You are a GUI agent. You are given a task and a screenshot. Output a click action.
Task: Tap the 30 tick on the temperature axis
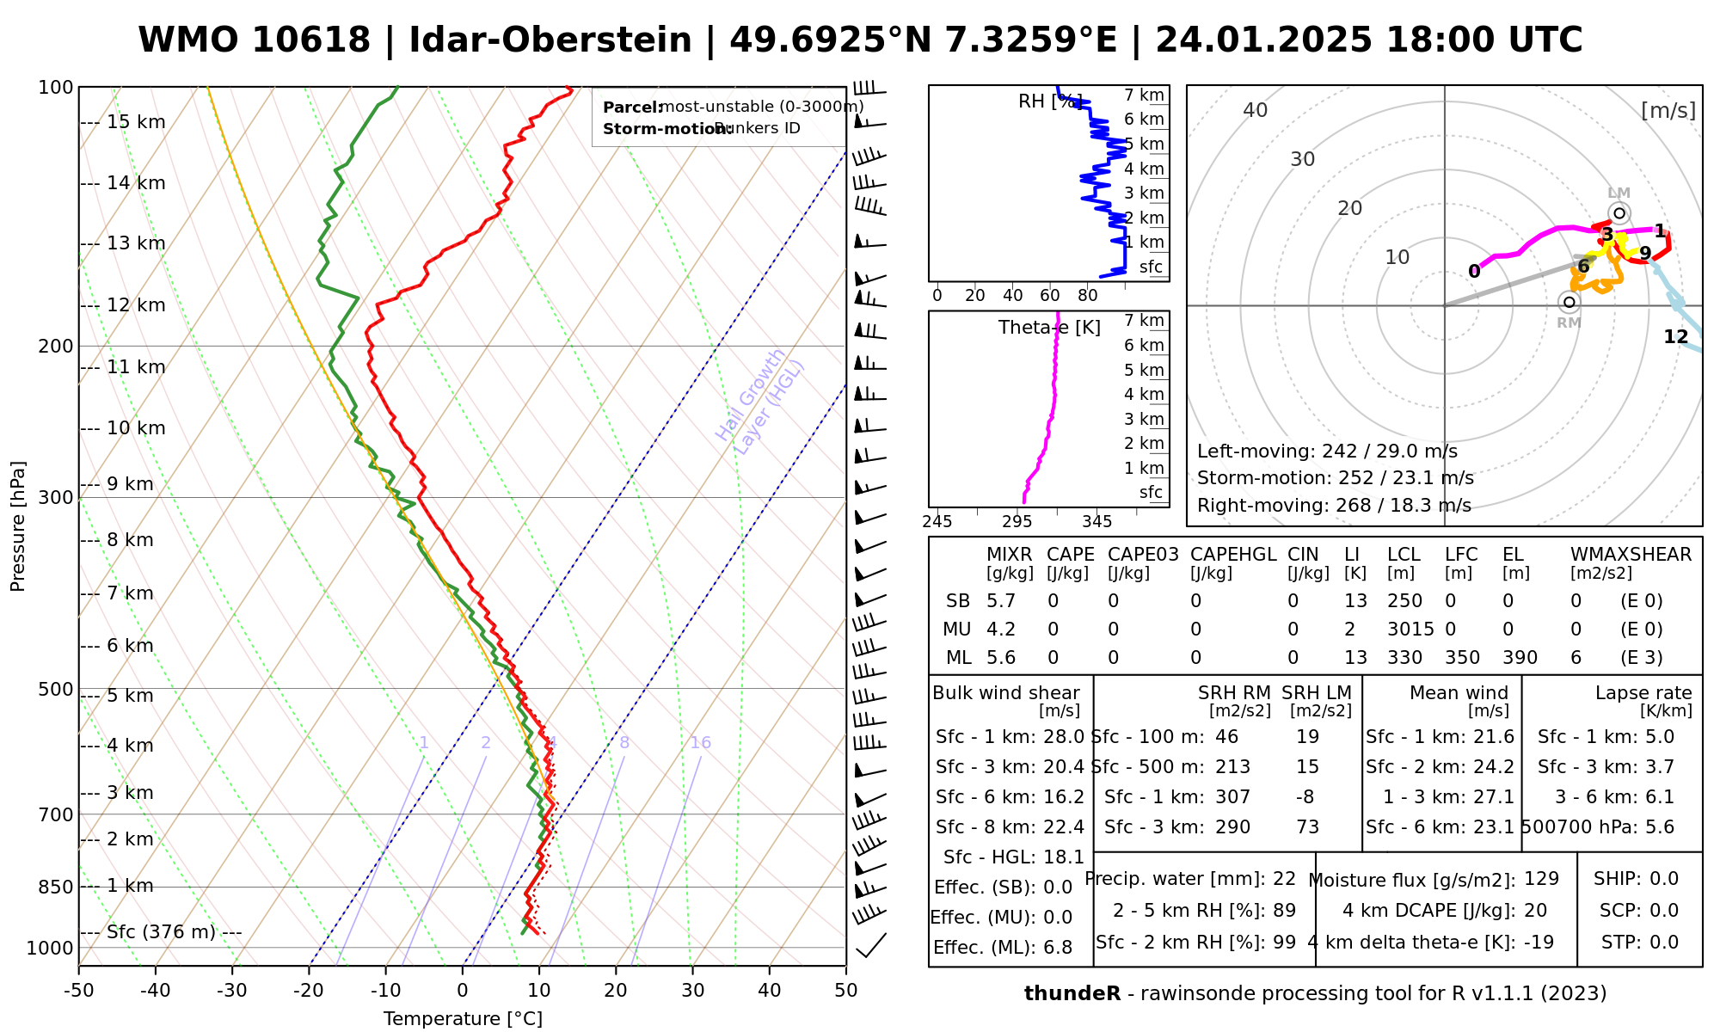pyautogui.click(x=692, y=991)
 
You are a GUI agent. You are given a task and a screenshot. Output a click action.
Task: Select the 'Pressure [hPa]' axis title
pyautogui.click(x=18, y=526)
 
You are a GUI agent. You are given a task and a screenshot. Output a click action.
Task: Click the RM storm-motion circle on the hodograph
pyautogui.click(x=1569, y=302)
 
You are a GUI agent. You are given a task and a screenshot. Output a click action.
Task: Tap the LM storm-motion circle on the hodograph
pyautogui.click(x=1619, y=213)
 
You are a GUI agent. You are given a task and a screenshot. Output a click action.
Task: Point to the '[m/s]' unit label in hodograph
pyautogui.click(x=1668, y=111)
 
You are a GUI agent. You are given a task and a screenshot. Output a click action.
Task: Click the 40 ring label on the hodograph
pyautogui.click(x=1256, y=110)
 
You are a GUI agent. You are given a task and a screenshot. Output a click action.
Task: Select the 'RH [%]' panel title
pyautogui.click(x=1050, y=101)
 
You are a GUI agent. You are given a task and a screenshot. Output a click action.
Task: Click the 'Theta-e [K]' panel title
pyautogui.click(x=1049, y=328)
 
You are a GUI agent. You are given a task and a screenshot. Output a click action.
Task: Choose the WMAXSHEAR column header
pyautogui.click(x=1631, y=555)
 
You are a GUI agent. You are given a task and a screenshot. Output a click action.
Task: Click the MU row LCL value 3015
pyautogui.click(x=1410, y=630)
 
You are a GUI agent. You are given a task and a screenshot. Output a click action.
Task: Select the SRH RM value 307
pyautogui.click(x=1232, y=797)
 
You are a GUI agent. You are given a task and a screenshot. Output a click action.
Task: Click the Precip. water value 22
pyautogui.click(x=1284, y=879)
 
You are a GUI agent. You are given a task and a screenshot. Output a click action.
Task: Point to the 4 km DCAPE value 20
pyautogui.click(x=1535, y=911)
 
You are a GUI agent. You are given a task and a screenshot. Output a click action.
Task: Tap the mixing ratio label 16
pyautogui.click(x=700, y=743)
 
